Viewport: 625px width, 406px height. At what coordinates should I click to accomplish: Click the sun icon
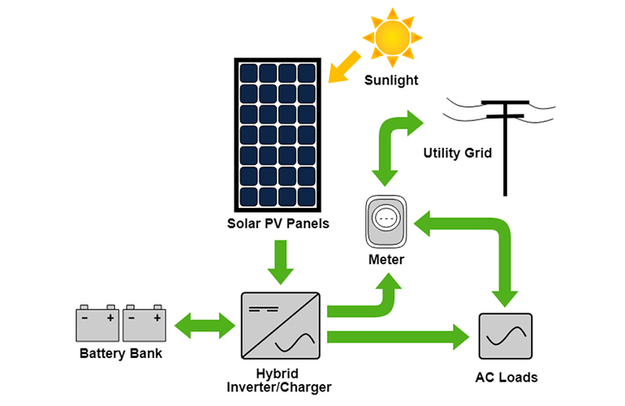point(392,37)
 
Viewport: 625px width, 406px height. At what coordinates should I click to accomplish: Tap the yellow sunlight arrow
point(344,67)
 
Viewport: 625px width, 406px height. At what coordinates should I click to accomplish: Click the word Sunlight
point(391,80)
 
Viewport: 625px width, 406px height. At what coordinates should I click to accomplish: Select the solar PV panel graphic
point(278,135)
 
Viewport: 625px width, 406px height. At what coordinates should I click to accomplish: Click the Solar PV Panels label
point(278,223)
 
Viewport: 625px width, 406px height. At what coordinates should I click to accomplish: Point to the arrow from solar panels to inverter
point(281,262)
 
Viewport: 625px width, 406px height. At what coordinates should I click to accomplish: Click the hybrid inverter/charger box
point(281,326)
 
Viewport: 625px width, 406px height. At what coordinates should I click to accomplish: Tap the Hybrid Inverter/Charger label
point(278,380)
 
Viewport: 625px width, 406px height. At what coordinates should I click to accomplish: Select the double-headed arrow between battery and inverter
point(205,326)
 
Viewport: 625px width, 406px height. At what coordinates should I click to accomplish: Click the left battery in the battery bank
point(97,323)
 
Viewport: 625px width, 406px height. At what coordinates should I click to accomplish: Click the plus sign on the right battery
point(157,317)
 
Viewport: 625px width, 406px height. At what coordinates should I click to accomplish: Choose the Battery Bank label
point(121,353)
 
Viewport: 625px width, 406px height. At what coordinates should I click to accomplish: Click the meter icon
point(386,222)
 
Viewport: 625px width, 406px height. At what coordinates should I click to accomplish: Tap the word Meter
point(386,260)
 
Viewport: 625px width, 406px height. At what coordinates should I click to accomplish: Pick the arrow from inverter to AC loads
point(398,337)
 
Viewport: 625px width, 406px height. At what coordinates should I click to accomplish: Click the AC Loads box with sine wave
point(506,336)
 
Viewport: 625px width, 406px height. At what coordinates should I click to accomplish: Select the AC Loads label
point(506,378)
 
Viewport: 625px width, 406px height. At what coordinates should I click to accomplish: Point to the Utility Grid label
point(457,153)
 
